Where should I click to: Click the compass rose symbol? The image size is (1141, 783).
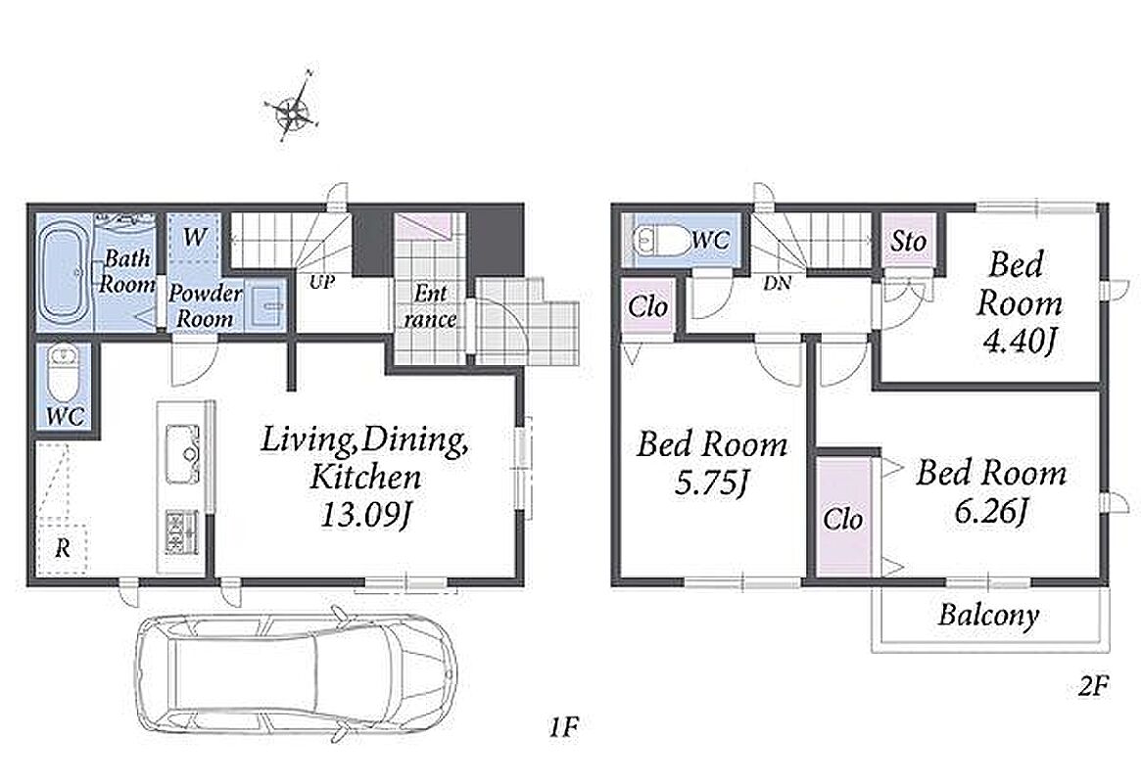pos(294,111)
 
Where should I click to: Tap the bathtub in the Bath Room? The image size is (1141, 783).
pos(64,273)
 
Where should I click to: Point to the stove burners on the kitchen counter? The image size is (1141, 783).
pos(181,532)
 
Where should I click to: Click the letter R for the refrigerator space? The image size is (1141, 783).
pos(64,548)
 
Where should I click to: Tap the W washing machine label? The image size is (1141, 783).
pos(194,238)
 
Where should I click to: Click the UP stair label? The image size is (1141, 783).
pos(321,282)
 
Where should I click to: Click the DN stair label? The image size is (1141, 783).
pos(778,284)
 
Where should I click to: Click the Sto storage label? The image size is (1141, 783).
pos(908,241)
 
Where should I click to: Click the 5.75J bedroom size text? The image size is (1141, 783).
pos(710,483)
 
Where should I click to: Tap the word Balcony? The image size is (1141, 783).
pos(988,615)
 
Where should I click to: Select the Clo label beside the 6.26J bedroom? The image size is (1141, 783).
pos(843,519)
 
